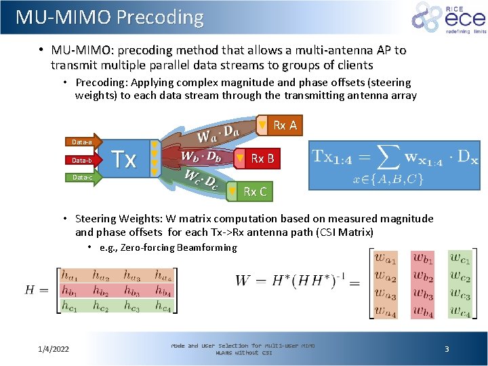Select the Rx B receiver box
tap(258, 159)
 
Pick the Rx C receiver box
tap(249, 192)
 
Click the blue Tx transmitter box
tap(125, 159)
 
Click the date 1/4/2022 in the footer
tap(54, 349)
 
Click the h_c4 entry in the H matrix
tap(162, 306)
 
